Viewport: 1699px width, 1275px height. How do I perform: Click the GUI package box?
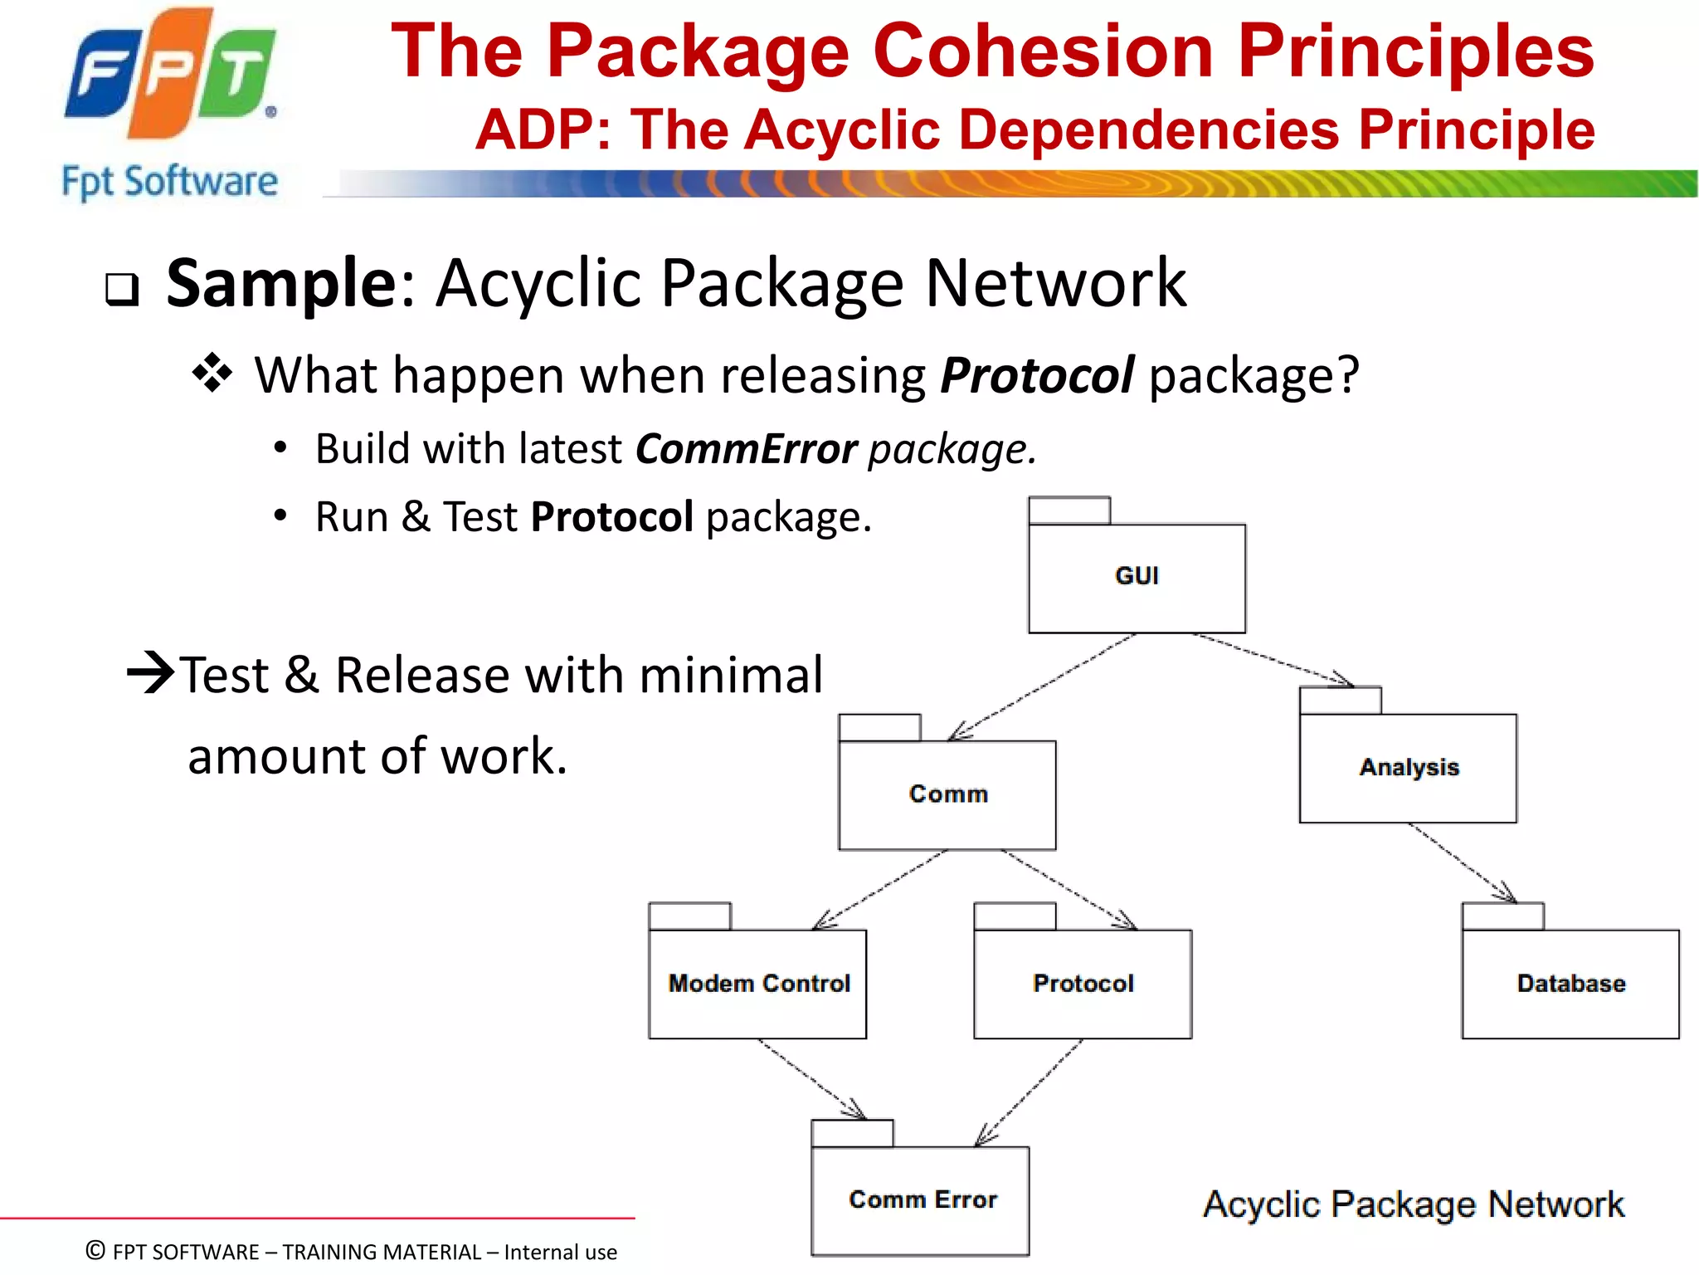tap(1137, 578)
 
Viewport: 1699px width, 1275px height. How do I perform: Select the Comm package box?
tap(947, 794)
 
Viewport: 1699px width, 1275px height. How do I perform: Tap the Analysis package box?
tap(1408, 768)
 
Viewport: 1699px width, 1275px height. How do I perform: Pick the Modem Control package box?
tap(757, 984)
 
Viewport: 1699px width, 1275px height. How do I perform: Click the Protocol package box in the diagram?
tap(1083, 984)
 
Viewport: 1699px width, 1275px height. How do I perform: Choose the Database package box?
tap(1570, 984)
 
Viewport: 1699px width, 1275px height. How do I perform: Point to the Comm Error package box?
tap(921, 1200)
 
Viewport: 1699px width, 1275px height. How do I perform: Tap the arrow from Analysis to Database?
tap(1462, 862)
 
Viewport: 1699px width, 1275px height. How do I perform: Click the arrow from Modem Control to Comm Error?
tap(811, 1078)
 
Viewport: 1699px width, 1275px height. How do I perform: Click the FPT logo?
tap(170, 75)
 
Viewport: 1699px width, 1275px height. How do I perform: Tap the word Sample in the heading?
tap(282, 284)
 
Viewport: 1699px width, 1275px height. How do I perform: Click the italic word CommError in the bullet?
tap(746, 449)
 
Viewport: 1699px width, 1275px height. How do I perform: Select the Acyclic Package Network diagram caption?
tap(1413, 1204)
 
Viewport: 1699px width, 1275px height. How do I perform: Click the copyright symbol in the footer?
tap(96, 1250)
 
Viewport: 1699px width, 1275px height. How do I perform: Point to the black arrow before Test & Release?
tap(151, 673)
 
